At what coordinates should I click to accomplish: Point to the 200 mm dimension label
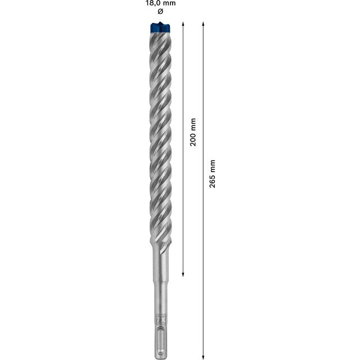point(193,132)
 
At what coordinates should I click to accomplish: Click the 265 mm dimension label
point(213,174)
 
